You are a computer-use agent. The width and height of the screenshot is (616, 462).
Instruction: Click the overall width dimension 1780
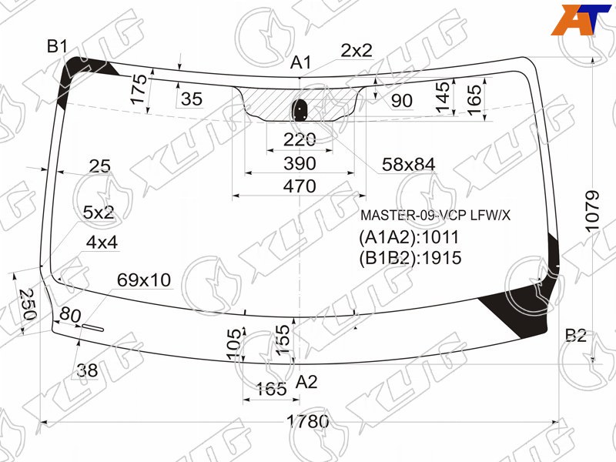click(308, 422)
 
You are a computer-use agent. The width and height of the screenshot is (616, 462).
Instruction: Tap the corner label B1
click(58, 47)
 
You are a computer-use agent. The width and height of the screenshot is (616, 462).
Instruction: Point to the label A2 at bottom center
click(306, 381)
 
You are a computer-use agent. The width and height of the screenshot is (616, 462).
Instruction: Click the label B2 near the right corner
click(575, 335)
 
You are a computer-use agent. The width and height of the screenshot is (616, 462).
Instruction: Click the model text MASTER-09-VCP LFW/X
click(435, 216)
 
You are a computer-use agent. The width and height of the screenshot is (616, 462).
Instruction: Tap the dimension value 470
click(300, 186)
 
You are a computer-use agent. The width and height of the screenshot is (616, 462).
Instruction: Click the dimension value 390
click(300, 163)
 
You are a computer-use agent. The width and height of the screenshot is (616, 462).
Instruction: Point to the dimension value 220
click(300, 139)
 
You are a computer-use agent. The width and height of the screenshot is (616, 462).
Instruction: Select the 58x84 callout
click(408, 164)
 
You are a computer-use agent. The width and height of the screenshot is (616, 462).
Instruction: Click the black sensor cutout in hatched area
click(300, 110)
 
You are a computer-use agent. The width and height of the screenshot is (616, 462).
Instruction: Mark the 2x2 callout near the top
click(357, 51)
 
